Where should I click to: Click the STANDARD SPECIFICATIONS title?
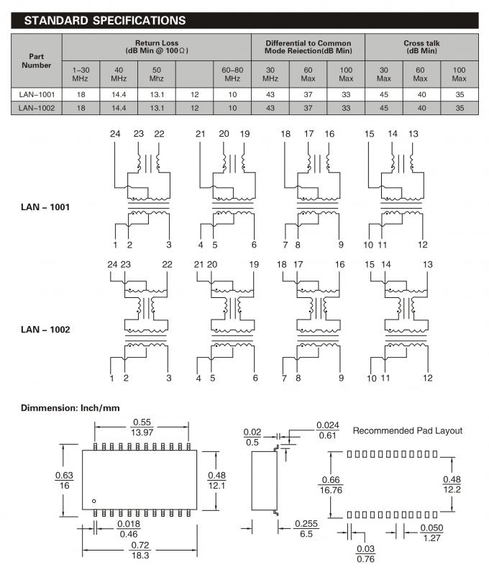coord(105,21)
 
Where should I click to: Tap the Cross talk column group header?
coord(421,47)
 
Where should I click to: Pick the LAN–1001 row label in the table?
coord(37,94)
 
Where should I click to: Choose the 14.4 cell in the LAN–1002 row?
coord(119,108)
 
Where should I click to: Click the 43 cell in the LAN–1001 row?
coord(270,94)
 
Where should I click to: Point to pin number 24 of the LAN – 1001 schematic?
coord(115,135)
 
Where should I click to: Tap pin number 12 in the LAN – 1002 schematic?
coord(428,378)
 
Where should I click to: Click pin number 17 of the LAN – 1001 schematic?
coord(309,135)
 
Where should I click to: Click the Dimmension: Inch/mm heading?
coord(70,408)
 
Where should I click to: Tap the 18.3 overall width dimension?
coord(140,556)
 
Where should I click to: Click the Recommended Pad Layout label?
coord(408,430)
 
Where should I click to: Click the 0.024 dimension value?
coord(327,425)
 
